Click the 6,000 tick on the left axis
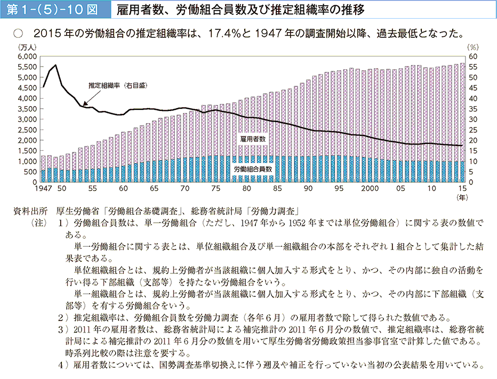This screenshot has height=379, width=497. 27,56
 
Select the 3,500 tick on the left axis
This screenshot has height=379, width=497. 27,108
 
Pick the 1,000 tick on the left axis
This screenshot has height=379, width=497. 27,161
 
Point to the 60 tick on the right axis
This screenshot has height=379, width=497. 473,56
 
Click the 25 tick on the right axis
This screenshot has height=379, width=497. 473,130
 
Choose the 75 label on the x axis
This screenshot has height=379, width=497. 215,189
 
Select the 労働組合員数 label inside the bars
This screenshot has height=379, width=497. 253,168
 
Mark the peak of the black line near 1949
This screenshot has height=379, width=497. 56,65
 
